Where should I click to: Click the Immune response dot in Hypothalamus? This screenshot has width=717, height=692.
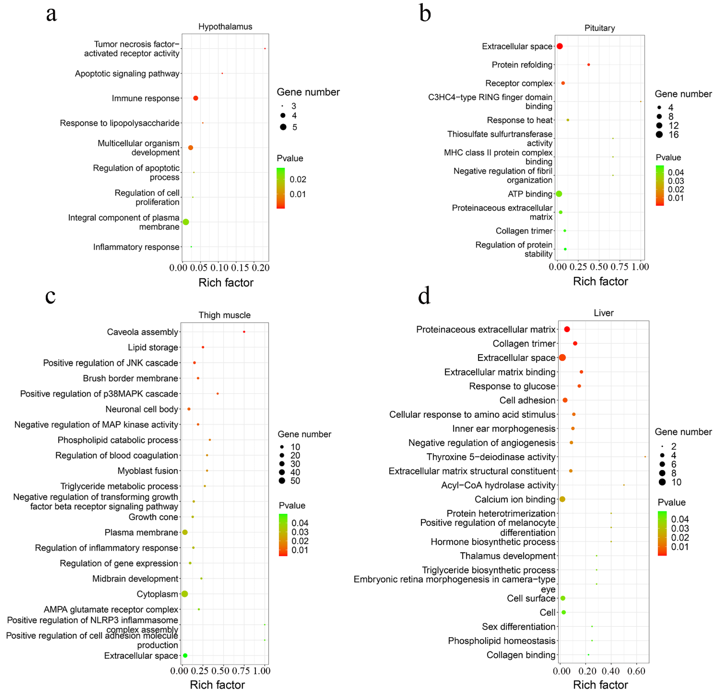click(x=196, y=98)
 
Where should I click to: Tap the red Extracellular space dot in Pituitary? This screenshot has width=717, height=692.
click(x=559, y=46)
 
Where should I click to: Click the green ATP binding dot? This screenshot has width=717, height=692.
click(x=559, y=194)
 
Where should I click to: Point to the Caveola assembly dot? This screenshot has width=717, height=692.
click(x=244, y=332)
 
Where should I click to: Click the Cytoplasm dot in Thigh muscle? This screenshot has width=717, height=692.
click(x=185, y=593)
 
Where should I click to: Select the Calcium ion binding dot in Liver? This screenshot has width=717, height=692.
click(x=562, y=499)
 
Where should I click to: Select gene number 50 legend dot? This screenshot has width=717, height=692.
click(x=282, y=480)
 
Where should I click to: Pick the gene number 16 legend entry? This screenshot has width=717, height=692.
click(x=659, y=134)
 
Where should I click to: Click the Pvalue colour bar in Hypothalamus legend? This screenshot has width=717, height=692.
click(x=281, y=188)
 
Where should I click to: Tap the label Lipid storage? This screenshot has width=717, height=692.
click(x=153, y=347)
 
